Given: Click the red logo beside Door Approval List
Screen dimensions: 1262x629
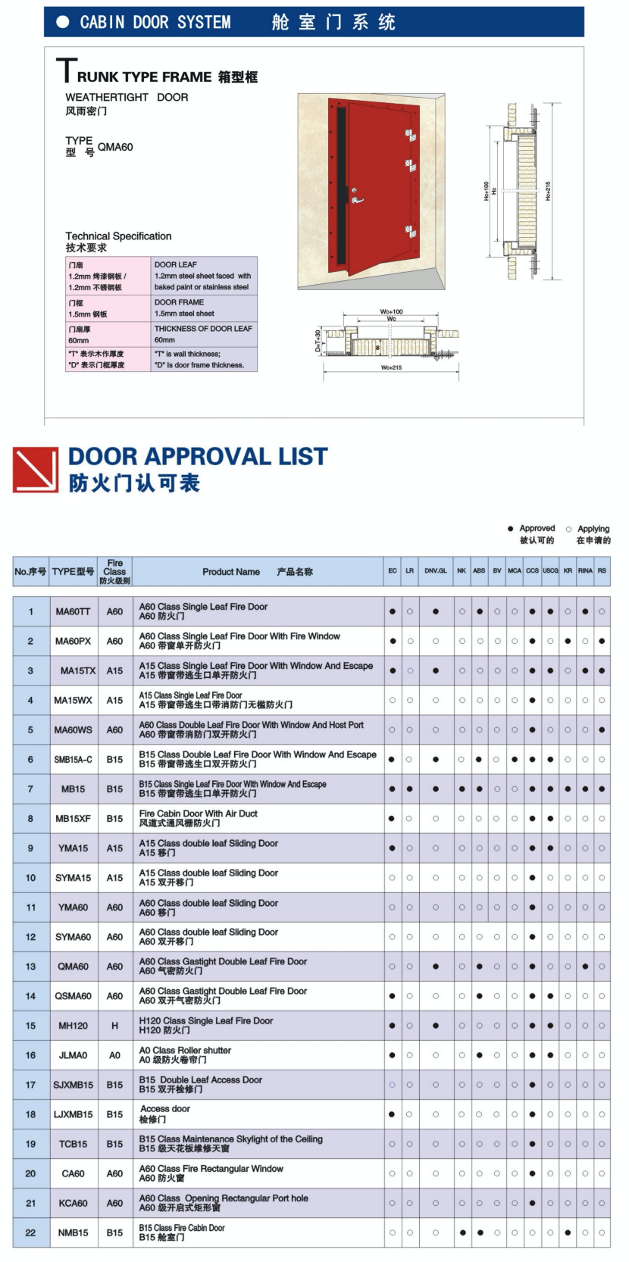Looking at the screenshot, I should (35, 470).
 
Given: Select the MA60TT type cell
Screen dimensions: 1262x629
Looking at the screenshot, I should (73, 611).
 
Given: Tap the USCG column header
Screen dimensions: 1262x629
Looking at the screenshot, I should (550, 571).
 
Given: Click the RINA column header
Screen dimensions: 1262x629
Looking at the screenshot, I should (585, 571).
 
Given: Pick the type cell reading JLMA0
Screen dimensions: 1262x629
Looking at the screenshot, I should (73, 1055).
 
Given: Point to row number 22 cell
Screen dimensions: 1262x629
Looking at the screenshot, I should (30, 1232).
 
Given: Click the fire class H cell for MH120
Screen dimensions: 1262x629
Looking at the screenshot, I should (114, 1026).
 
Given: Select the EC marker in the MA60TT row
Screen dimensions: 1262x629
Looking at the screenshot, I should (393, 611).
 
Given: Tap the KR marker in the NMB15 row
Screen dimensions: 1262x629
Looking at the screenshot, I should (568, 1232).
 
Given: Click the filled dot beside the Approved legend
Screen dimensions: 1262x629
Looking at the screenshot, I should (510, 529).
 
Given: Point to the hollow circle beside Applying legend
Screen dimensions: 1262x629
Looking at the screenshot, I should (568, 529).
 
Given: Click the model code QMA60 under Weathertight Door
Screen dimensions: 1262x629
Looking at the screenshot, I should (115, 147).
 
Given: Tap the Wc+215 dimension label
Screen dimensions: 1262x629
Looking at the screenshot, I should (391, 368).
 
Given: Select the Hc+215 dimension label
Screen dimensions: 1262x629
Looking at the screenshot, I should (548, 191).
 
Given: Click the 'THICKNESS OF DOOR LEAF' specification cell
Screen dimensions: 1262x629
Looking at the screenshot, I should (203, 334).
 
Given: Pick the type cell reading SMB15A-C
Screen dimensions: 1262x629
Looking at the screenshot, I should (73, 759).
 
